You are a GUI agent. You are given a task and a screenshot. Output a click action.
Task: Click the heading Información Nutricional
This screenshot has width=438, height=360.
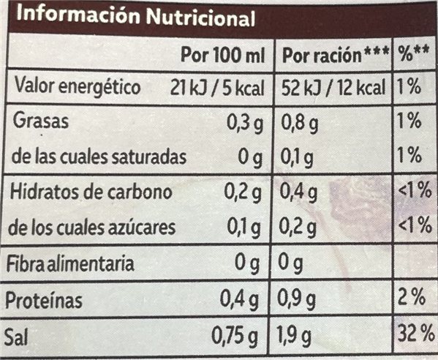coord(131,17)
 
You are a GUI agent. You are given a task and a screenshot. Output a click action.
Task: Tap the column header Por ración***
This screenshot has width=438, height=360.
coord(334,56)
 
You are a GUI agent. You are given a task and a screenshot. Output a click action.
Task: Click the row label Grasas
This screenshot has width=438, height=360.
coord(42,122)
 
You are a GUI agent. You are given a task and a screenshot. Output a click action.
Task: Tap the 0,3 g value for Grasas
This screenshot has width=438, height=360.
coord(246,123)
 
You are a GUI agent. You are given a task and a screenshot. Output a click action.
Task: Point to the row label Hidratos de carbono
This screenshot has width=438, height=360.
coord(92,193)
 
